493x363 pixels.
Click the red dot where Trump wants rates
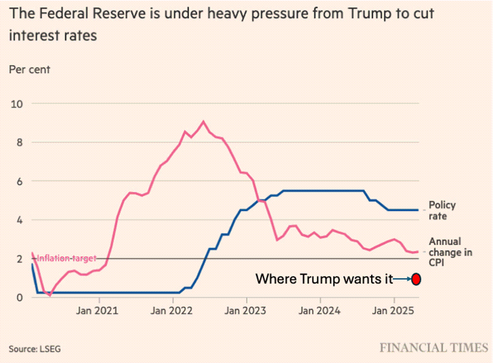(x=416, y=279)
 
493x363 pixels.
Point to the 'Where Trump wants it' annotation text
(x=324, y=279)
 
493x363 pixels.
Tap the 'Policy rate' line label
(x=442, y=210)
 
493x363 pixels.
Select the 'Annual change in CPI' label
(x=450, y=252)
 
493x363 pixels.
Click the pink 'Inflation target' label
(x=66, y=258)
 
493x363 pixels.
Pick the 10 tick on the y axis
(x=17, y=104)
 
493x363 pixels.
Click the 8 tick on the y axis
(x=20, y=142)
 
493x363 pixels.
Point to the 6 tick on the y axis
(x=20, y=181)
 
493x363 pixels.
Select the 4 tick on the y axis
(x=20, y=220)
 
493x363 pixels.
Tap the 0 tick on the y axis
(x=20, y=297)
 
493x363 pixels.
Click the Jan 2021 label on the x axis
(x=97, y=311)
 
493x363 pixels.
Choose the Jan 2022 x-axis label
(x=171, y=311)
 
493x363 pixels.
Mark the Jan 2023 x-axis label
(x=245, y=311)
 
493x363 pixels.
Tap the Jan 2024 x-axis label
(x=319, y=311)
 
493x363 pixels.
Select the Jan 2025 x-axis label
(x=393, y=311)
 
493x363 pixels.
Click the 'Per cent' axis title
(x=29, y=70)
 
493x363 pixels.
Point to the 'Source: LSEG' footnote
(x=35, y=349)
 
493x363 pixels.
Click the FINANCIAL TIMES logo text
(x=434, y=348)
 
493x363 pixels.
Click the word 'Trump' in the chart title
(x=368, y=14)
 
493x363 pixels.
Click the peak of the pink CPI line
(x=203, y=121)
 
